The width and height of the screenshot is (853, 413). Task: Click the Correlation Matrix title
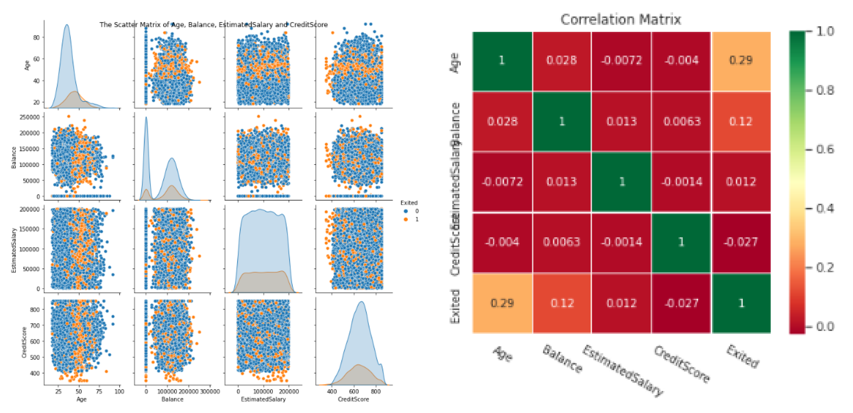[x=620, y=19]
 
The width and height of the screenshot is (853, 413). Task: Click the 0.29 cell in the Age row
[x=741, y=60]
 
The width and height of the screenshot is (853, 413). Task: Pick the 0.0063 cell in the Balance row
[x=682, y=122]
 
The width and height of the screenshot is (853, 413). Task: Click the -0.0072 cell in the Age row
[x=621, y=60]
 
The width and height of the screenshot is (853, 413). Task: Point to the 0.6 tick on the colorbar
[x=824, y=149]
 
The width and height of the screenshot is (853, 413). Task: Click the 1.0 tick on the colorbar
[x=824, y=31]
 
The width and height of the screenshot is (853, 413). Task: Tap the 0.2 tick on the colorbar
[x=824, y=268]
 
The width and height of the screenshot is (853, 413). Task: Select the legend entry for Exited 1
[x=410, y=219]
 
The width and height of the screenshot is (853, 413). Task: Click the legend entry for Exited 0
[x=410, y=211]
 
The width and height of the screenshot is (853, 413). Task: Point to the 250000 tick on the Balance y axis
[x=30, y=117]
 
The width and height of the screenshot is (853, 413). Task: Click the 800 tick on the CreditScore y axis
[x=35, y=309]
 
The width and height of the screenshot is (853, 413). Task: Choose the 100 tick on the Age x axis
[x=119, y=391]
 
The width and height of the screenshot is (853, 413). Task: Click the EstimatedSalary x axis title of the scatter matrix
[x=263, y=399]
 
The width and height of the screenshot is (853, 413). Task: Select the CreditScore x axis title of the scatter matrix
[x=353, y=399]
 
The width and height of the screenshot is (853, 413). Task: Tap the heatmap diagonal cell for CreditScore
[x=681, y=242]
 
